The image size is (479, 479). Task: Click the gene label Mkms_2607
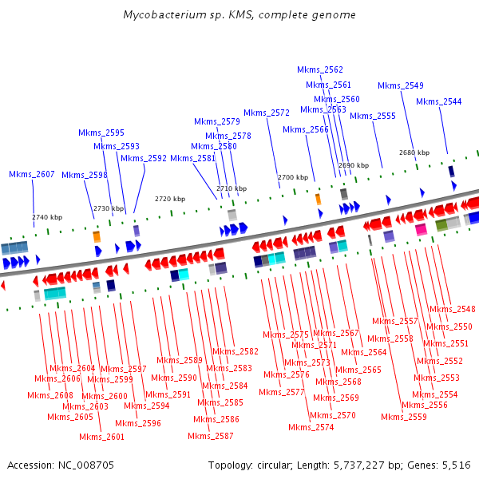pos(32,174)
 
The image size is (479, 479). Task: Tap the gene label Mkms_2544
pos(439,101)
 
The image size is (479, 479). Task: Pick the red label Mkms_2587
pos(211,436)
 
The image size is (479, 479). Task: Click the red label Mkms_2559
pos(404,417)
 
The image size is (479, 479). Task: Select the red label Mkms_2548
pos(453,309)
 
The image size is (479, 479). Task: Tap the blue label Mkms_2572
pos(267,113)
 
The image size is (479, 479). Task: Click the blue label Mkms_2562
pos(320,69)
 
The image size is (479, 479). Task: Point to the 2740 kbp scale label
pos(46,217)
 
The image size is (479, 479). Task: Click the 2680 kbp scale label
pos(414,152)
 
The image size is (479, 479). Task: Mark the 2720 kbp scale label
pos(170,198)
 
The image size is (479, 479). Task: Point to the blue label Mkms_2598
pos(85,175)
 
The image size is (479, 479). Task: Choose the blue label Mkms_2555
pos(373,116)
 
